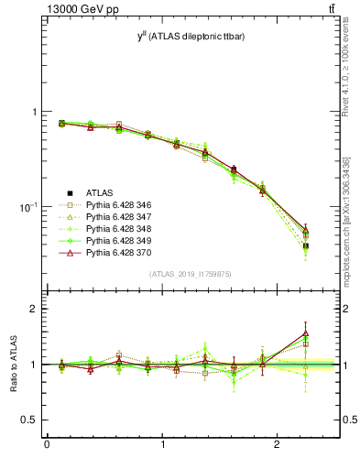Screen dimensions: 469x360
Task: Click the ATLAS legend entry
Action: [100, 192]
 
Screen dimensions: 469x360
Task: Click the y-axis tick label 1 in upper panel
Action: [35, 112]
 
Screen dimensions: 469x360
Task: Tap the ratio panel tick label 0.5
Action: [29, 420]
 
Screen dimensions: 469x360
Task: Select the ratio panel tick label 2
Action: [35, 310]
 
